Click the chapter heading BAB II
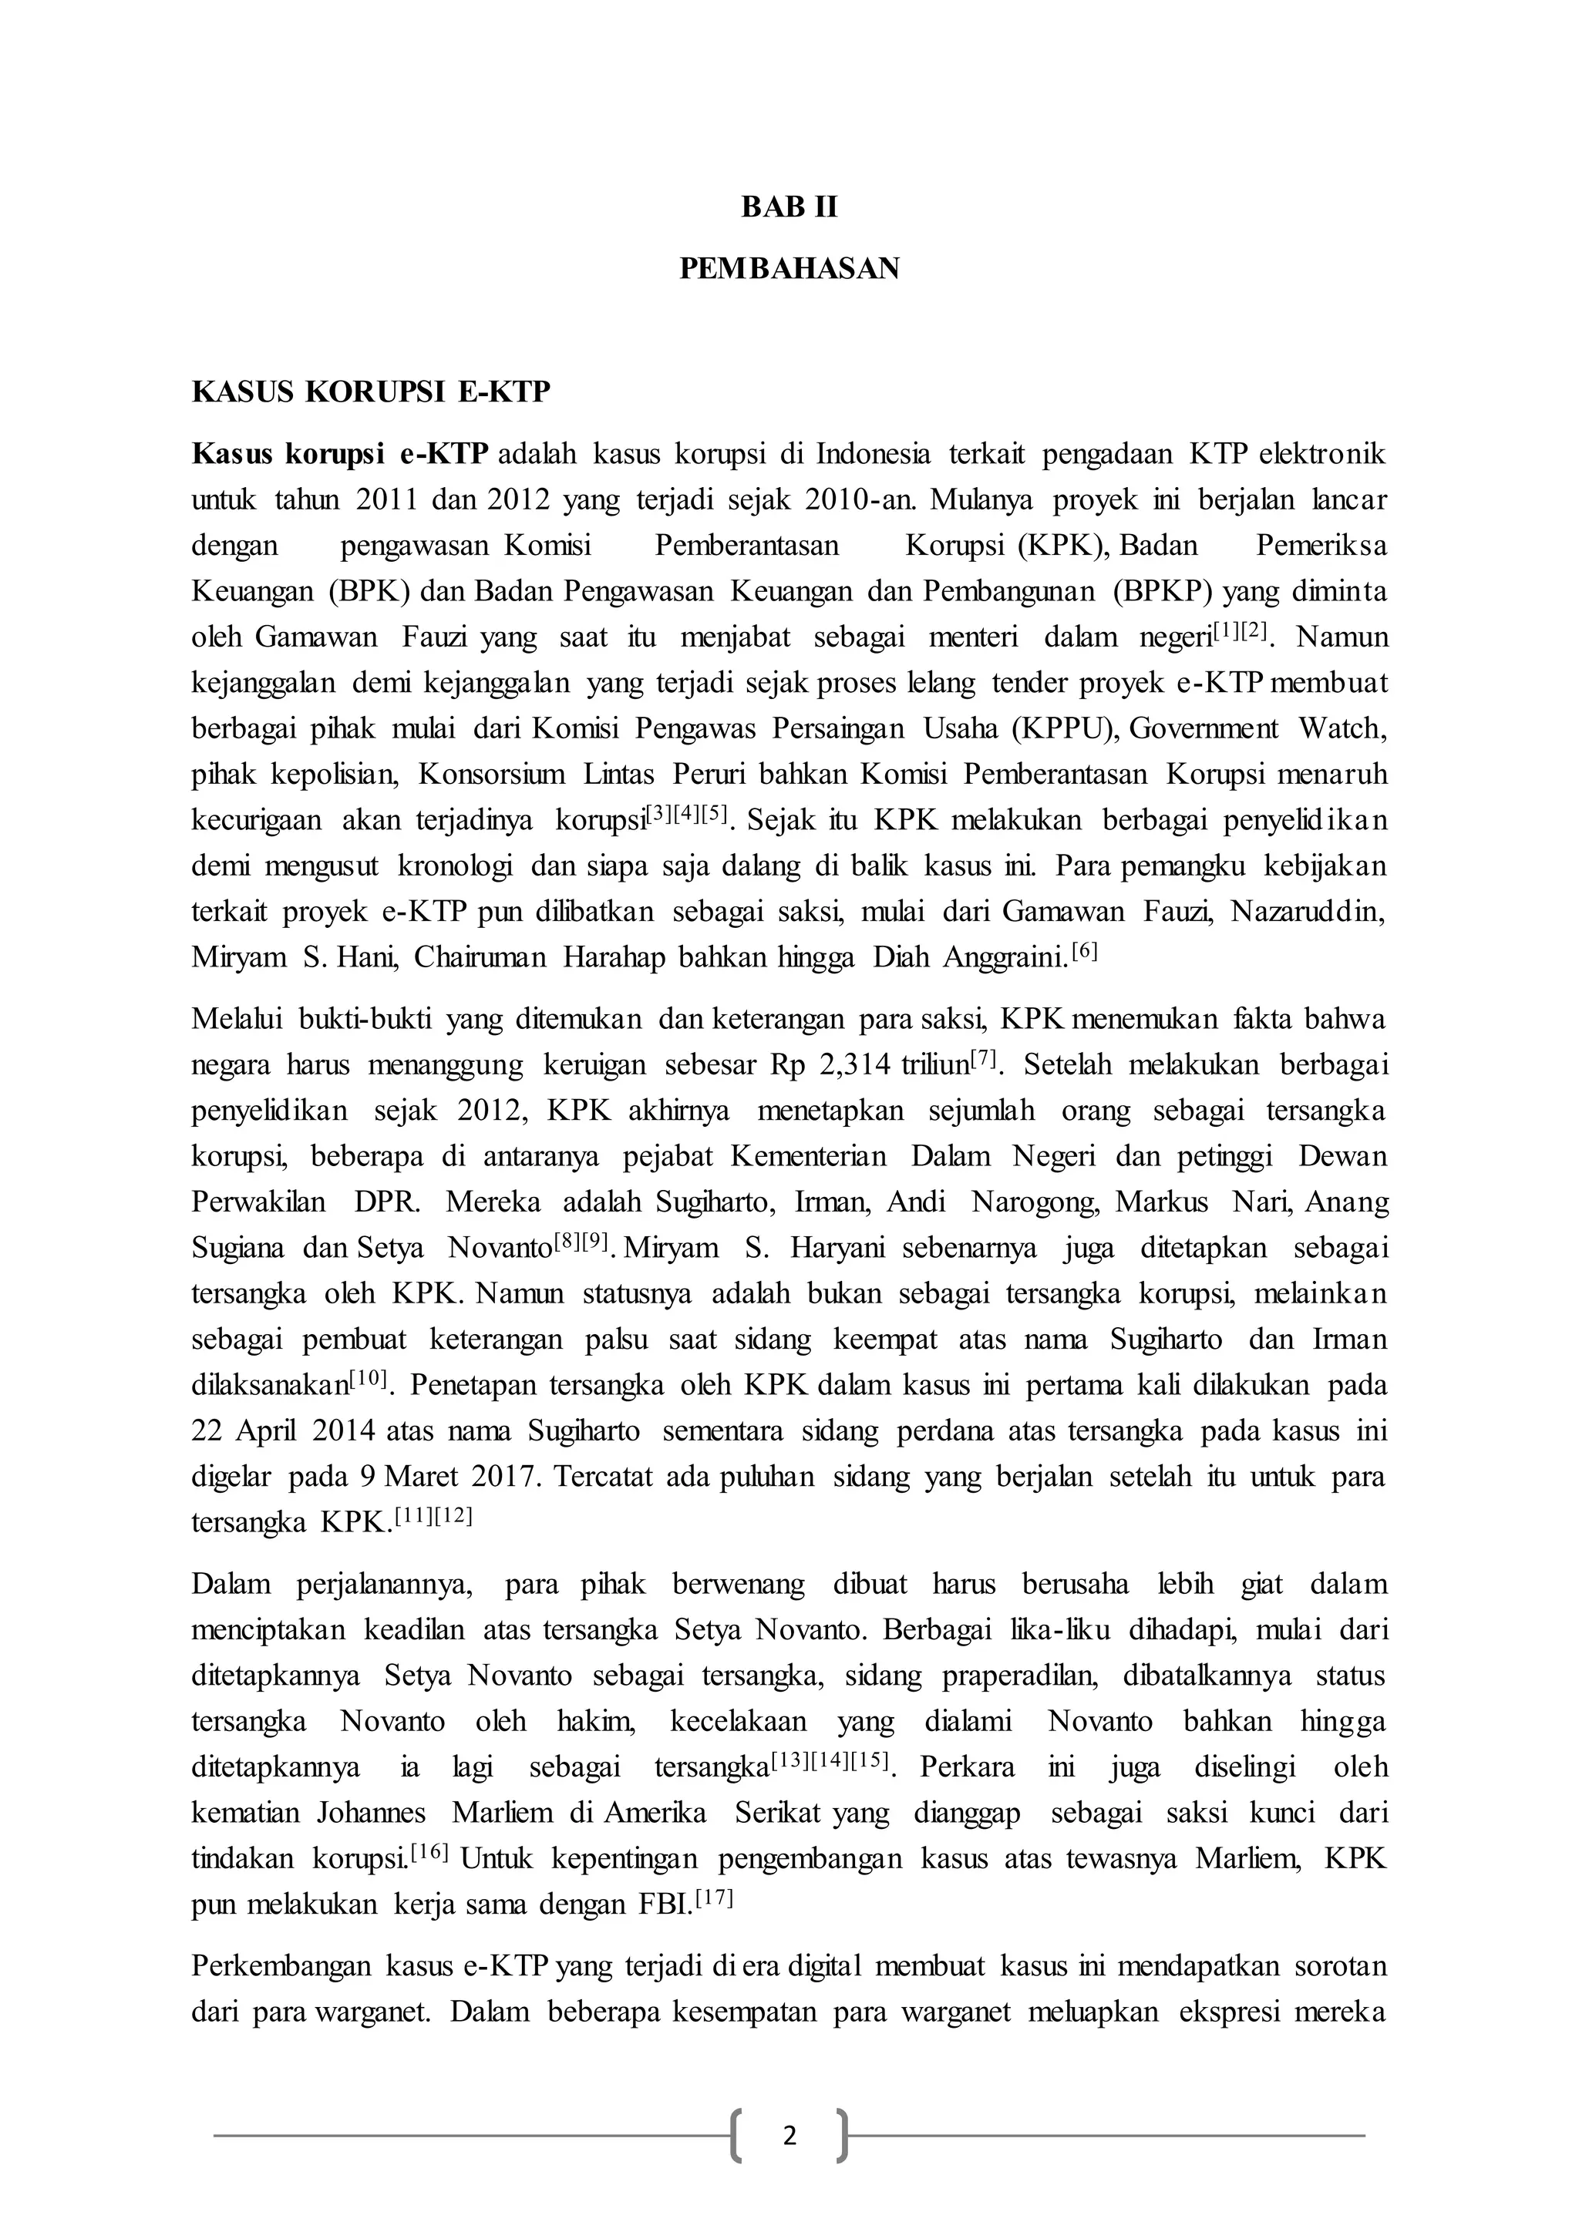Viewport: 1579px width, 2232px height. click(x=789, y=207)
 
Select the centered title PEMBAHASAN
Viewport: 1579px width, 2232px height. click(x=789, y=268)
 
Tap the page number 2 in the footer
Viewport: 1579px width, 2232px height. click(x=789, y=2136)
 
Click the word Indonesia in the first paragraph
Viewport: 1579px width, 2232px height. click(x=872, y=454)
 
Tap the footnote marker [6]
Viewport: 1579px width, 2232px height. click(x=1083, y=953)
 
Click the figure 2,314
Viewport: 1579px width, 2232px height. click(x=854, y=1065)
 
